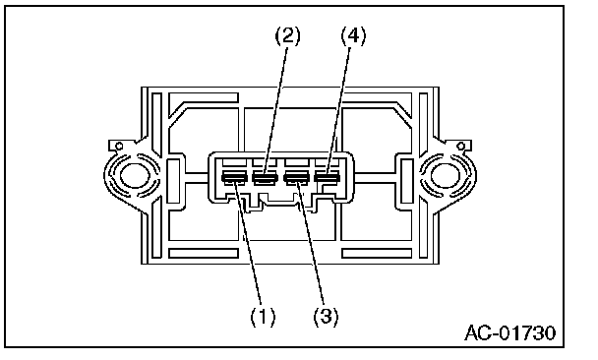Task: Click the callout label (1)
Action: click(263, 316)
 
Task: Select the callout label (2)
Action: click(288, 35)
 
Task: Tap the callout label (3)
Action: click(326, 316)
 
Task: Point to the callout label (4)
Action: click(353, 35)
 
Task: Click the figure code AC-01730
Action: click(509, 332)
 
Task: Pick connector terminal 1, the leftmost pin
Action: click(234, 177)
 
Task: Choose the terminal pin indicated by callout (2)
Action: click(265, 177)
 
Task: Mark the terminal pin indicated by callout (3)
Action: click(296, 177)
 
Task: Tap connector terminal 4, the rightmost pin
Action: click(327, 177)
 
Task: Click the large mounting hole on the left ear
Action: click(134, 176)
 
